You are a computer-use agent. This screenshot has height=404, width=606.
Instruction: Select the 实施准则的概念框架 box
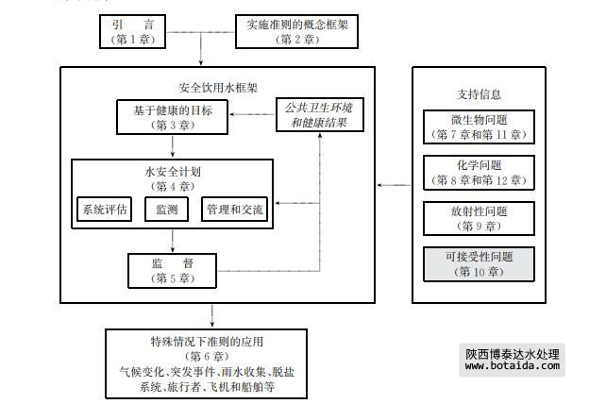point(295,32)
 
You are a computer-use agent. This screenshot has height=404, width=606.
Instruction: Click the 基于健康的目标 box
point(173,118)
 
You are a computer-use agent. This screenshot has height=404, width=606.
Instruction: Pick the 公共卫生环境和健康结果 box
point(319,115)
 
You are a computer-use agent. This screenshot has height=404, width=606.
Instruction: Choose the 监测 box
point(167,210)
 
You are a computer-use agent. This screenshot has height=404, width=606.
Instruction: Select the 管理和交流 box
point(233,210)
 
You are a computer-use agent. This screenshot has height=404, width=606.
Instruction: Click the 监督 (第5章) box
point(173,270)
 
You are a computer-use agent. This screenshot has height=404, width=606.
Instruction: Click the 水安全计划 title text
point(173,173)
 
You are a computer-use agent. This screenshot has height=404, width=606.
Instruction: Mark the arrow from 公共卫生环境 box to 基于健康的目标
point(252,116)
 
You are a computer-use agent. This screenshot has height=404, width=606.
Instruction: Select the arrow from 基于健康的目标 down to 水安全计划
point(173,146)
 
